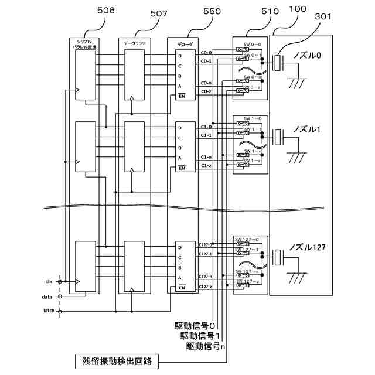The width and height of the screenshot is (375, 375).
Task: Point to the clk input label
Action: click(49, 282)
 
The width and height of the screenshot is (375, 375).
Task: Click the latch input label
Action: click(48, 311)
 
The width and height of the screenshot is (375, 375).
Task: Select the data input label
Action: click(47, 297)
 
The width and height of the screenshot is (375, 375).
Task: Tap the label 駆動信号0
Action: click(195, 325)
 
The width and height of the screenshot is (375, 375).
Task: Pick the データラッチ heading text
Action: click(134, 43)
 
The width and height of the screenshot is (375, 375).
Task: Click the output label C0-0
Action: click(206, 53)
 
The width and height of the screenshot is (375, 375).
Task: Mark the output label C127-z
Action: click(204, 287)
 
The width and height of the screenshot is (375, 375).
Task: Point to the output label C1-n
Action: click(206, 157)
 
